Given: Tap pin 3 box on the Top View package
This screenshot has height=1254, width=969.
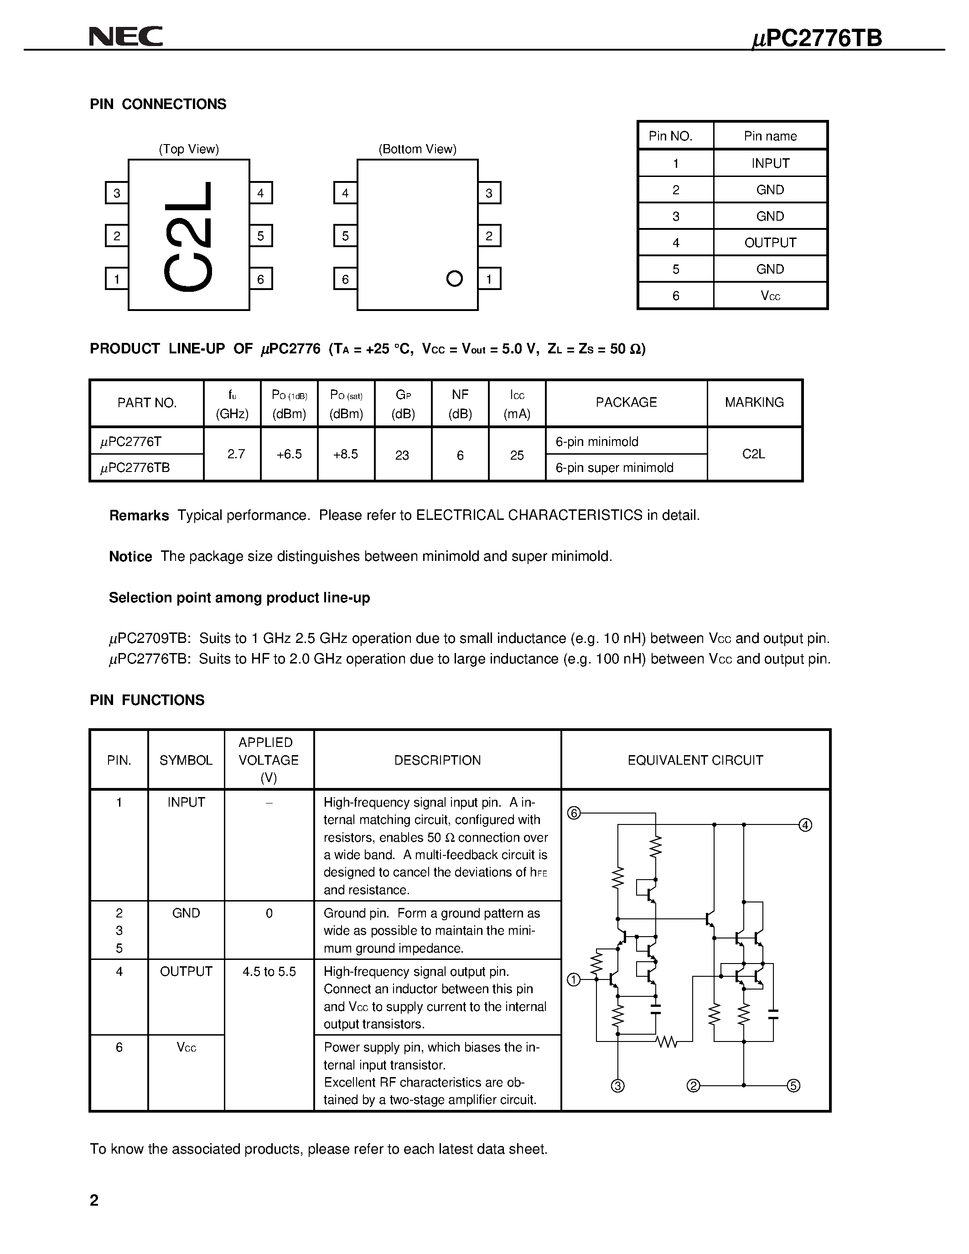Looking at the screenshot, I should pos(117,193).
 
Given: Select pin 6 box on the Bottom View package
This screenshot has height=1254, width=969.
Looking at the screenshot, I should pos(345,279).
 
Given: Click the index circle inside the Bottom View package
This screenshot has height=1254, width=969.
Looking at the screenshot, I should pos(454,279).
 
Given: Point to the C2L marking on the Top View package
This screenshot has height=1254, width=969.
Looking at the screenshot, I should pos(189,237).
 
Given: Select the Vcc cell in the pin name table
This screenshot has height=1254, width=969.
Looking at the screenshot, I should pos(770,295).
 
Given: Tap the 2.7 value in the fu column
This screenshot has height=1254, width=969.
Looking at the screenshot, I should pos(236,454).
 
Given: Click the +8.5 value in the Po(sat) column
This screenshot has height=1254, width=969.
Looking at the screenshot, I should pos(346,454).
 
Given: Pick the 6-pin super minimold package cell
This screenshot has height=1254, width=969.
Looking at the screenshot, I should pos(614,468).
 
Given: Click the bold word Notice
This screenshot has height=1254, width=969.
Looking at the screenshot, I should pos(130,556).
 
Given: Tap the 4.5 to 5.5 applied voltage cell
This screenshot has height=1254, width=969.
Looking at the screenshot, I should pos(269,971).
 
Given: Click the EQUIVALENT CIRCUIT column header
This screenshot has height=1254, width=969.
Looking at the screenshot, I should pos(695,760).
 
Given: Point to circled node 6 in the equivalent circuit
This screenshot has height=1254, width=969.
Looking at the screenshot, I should pos(574,813).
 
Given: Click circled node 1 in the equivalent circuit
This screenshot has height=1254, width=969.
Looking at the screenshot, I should pos(574,979).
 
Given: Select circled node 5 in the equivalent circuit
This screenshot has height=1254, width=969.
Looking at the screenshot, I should pos(793,1085).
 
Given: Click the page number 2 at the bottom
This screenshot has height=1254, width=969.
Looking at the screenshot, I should pos(94,1200).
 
